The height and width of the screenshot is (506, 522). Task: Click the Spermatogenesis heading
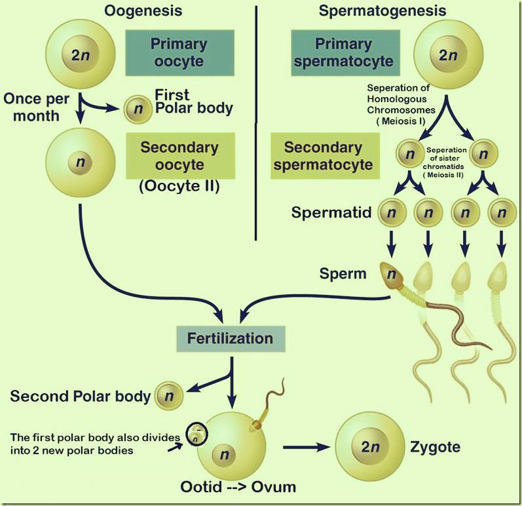pyautogui.click(x=382, y=10)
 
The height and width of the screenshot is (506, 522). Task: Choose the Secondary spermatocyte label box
pyautogui.click(x=326, y=155)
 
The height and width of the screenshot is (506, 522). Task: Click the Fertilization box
pyautogui.click(x=230, y=339)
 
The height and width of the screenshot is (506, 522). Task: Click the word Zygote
pyautogui.click(x=436, y=448)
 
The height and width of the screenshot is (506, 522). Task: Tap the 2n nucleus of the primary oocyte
pyautogui.click(x=81, y=55)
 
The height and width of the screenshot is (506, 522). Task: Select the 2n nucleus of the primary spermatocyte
pyautogui.click(x=448, y=55)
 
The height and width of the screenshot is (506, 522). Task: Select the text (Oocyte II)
pyautogui.click(x=179, y=185)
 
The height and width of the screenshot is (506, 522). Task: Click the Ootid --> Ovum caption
pyautogui.click(x=238, y=487)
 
